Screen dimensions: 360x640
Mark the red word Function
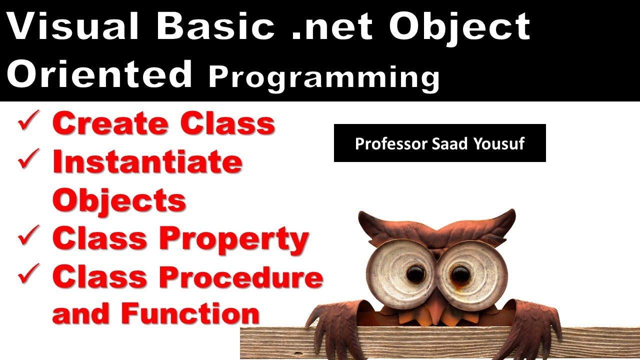190,313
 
